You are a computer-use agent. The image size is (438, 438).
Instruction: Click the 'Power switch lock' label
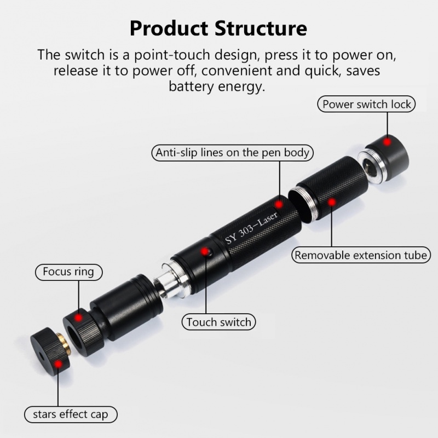366,104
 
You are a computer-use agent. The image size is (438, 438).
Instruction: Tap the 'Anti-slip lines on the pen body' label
232,153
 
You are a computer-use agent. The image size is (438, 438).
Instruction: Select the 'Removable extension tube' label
360,255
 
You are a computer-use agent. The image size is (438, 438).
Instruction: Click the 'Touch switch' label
218,322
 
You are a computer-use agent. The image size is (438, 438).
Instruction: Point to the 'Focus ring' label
68,271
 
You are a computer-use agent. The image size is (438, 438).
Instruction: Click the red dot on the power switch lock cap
387,142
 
